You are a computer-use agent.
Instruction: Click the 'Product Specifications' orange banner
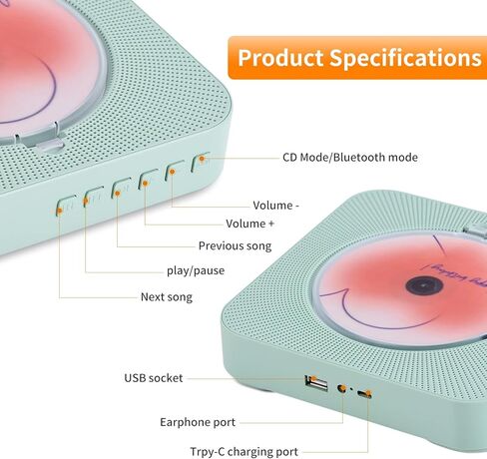(358, 57)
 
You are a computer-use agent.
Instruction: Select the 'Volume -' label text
(275, 206)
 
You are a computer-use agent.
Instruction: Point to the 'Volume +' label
(249, 224)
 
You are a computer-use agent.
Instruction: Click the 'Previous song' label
(235, 245)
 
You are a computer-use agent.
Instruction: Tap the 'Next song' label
(168, 296)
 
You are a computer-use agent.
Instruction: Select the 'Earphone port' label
(198, 422)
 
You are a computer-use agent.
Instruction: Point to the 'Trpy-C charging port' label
(243, 451)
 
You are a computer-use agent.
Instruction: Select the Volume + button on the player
(148, 180)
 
